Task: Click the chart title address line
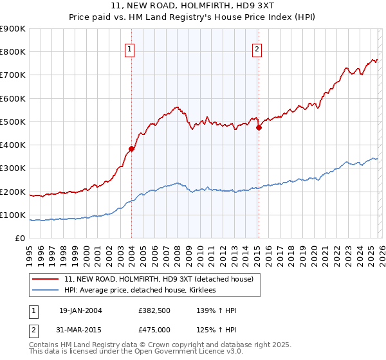pyautogui.click(x=192, y=6)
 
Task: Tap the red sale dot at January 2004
pyautogui.click(x=131, y=148)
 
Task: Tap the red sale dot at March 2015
pyautogui.click(x=259, y=127)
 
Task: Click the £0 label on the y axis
pyautogui.click(x=20, y=239)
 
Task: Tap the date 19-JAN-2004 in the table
pyautogui.click(x=80, y=310)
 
